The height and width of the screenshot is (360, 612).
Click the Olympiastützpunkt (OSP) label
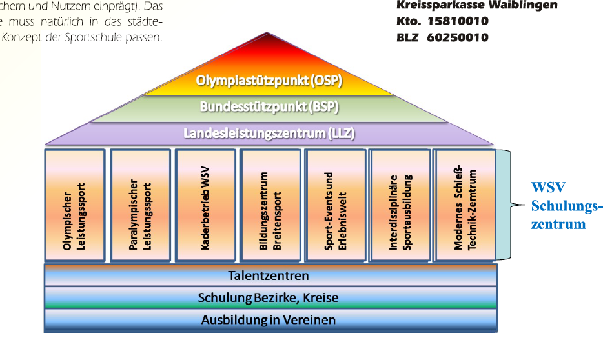point(269,81)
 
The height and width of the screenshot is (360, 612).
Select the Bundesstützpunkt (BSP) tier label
point(269,106)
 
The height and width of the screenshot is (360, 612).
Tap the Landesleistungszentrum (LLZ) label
point(269,134)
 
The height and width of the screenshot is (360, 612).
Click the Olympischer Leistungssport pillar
point(75,205)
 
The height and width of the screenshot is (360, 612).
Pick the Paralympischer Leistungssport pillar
point(139,205)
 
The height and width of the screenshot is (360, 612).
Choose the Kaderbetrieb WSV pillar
point(205,205)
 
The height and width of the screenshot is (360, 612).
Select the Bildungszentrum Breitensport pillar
point(270,205)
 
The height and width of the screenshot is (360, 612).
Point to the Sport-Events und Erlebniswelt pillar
point(334,205)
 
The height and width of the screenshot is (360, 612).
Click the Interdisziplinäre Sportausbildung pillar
point(400,205)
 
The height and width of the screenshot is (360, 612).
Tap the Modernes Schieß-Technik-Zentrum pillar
point(464,205)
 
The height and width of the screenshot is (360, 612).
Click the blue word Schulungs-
point(566,206)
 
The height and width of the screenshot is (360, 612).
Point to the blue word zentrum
point(559,225)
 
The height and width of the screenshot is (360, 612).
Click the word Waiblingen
point(526,5)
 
